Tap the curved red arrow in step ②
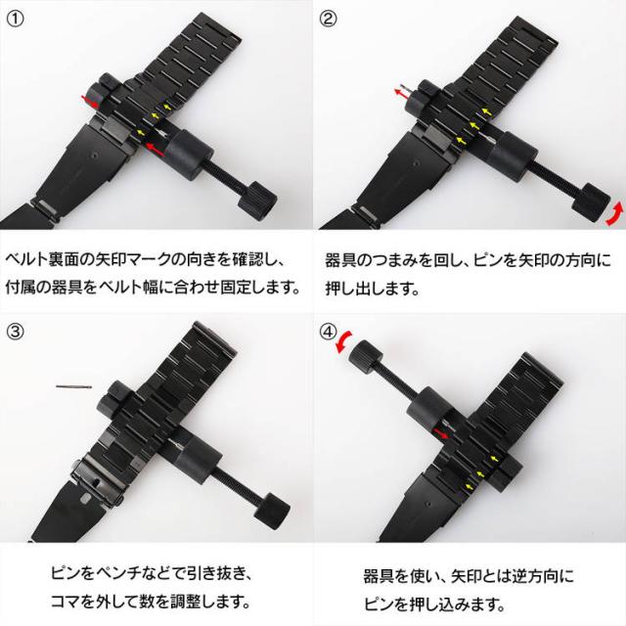[613, 214]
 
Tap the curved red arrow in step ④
[342, 342]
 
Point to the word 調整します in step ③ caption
[216, 599]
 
